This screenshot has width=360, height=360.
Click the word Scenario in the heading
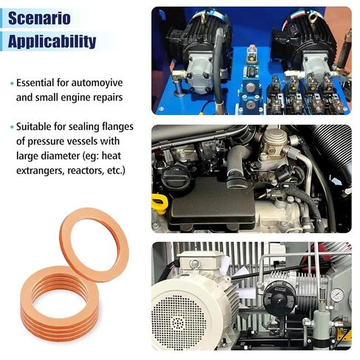(40, 18)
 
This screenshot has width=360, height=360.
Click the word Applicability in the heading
(52, 41)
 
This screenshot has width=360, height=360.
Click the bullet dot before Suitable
(13, 127)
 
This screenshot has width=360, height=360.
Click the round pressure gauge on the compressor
(337, 294)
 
